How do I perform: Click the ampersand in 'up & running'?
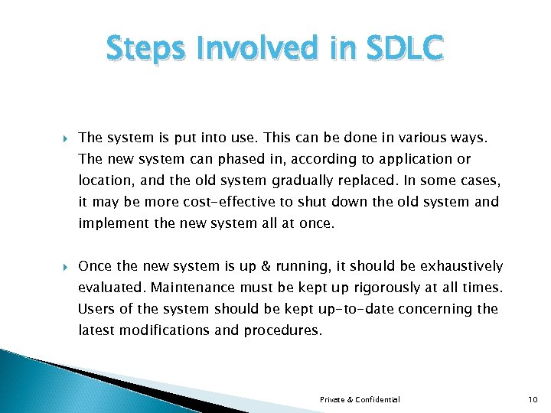pyautogui.click(x=286, y=266)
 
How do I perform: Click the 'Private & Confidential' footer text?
pyautogui.click(x=360, y=399)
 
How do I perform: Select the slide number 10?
pyautogui.click(x=533, y=399)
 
